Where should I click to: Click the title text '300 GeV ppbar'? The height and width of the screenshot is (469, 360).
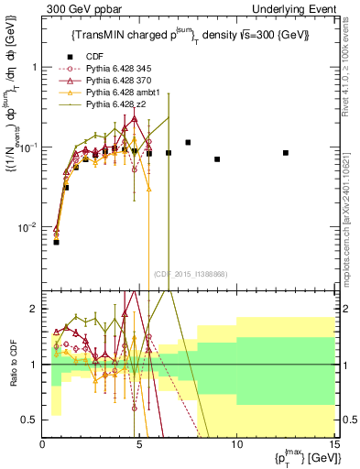point(78,8)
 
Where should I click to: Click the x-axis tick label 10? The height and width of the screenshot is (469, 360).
point(236,444)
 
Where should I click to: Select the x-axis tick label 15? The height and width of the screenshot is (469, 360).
point(333,444)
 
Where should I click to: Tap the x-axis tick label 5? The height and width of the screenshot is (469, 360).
point(139,444)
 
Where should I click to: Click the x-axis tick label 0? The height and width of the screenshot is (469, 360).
point(43,444)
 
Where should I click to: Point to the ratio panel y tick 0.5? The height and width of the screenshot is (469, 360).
point(29,420)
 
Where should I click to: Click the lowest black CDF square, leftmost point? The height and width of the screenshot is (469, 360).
point(57,242)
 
